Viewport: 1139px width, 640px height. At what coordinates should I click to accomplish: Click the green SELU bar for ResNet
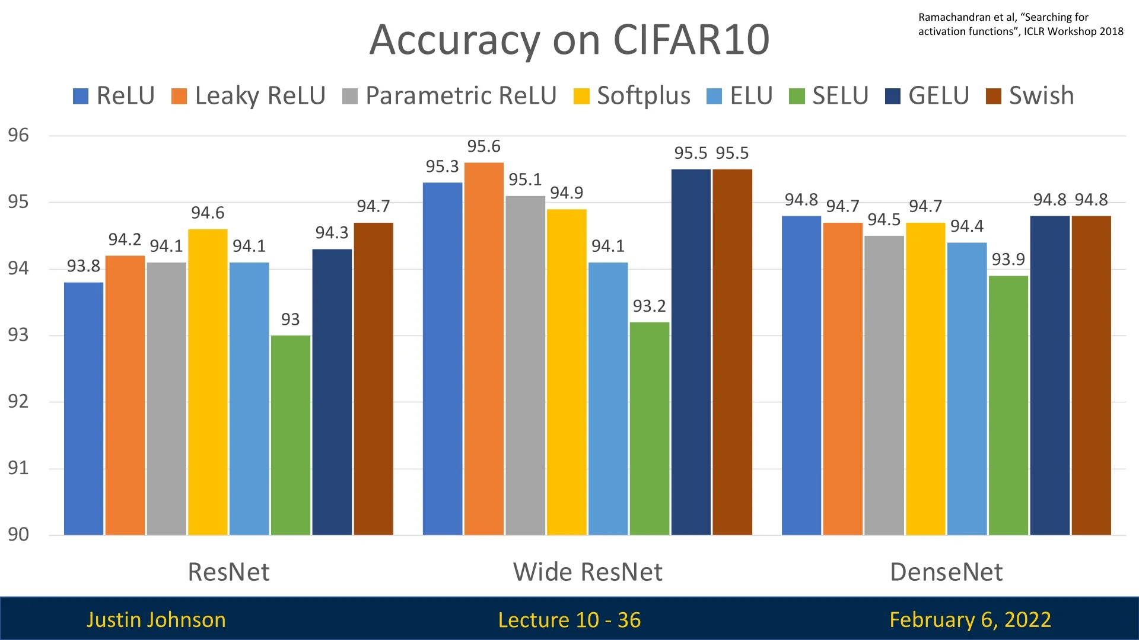pos(290,436)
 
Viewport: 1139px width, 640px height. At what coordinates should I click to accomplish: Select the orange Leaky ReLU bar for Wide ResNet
pos(484,349)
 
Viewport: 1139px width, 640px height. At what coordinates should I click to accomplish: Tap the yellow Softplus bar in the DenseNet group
pos(925,379)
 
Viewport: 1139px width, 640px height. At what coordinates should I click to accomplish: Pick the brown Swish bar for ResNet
pos(373,379)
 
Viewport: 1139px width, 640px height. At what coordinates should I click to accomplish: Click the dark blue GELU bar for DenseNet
pos(1049,376)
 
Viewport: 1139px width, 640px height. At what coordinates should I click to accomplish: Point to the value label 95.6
pos(483,146)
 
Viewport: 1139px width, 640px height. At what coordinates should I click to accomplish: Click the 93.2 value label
pos(649,306)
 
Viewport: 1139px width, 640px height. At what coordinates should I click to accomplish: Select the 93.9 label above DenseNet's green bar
pos(1008,260)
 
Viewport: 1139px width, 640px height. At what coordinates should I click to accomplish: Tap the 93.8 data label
pos(84,266)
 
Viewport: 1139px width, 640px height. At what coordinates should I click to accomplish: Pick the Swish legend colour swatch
pos(993,96)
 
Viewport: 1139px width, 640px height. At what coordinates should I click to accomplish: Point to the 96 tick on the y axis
pos(18,135)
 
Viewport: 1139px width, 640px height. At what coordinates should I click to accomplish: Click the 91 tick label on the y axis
pos(18,468)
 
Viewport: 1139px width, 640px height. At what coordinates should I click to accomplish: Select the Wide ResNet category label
pos(587,572)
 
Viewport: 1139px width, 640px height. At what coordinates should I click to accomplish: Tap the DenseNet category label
pos(946,572)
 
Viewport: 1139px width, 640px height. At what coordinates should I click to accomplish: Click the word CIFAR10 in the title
pos(691,40)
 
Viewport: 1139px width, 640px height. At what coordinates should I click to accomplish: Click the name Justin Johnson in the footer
pos(156,620)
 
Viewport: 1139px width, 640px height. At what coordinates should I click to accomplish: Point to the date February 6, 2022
pos(970,620)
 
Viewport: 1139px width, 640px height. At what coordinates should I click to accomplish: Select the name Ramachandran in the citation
pos(955,17)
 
